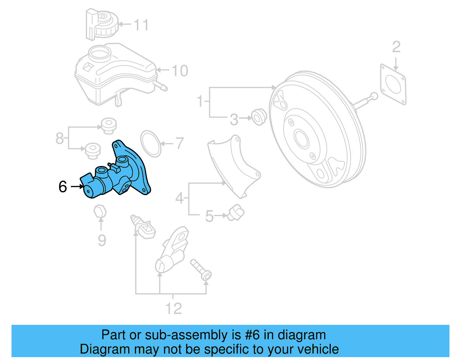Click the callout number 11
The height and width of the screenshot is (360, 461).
141,25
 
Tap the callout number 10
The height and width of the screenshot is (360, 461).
180,71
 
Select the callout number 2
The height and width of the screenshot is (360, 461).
396,47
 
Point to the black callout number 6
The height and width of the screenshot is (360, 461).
63,187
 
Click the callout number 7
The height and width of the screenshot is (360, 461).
180,143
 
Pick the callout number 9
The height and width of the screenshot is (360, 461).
102,240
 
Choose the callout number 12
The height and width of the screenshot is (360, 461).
173,309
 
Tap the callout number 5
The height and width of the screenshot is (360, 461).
209,216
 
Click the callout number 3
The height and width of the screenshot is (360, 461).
234,119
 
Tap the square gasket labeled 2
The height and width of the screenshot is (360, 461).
393,84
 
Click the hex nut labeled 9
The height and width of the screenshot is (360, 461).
100,212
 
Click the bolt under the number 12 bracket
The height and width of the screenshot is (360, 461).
201,269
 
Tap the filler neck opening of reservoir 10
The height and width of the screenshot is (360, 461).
100,53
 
